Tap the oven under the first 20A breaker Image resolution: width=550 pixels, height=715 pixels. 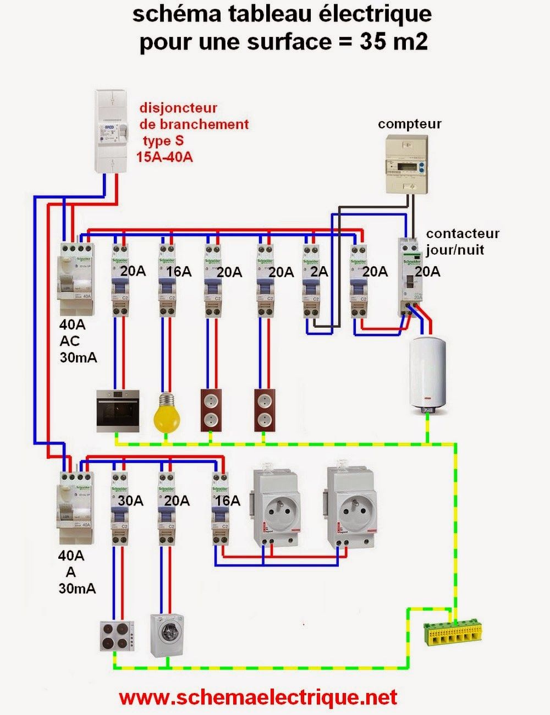[x=118, y=410]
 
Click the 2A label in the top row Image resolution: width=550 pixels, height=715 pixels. [x=319, y=272]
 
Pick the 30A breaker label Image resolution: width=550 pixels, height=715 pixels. [x=130, y=501]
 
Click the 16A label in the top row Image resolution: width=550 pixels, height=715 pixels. [x=179, y=272]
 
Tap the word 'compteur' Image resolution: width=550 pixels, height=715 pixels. [x=409, y=124]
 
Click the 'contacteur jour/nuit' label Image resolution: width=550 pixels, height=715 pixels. [x=462, y=241]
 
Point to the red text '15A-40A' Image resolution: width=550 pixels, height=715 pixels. [x=164, y=157]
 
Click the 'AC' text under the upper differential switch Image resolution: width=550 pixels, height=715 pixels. [x=70, y=341]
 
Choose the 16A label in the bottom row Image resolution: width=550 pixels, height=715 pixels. [x=228, y=501]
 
